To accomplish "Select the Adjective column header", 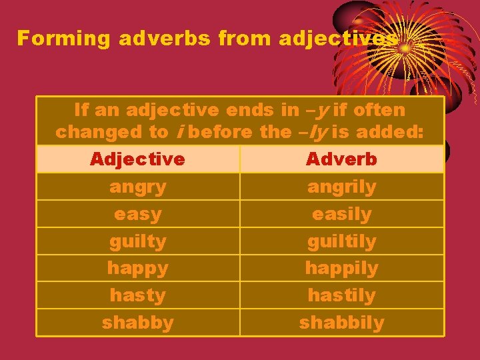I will (137, 159).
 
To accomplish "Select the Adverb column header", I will (341, 159).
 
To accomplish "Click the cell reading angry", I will (137, 187).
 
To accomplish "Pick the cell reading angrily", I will (341, 187).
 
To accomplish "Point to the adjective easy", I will (137, 215).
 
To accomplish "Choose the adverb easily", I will (341, 215).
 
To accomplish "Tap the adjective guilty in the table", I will (137, 241).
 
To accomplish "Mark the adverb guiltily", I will (341, 241).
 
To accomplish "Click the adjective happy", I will (137, 269).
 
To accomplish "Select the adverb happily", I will (341, 269).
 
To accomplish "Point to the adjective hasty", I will (137, 295).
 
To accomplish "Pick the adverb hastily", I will (341, 295).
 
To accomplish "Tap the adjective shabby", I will (137, 323).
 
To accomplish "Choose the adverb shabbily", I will (341, 323).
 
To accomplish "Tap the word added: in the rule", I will (389, 132).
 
